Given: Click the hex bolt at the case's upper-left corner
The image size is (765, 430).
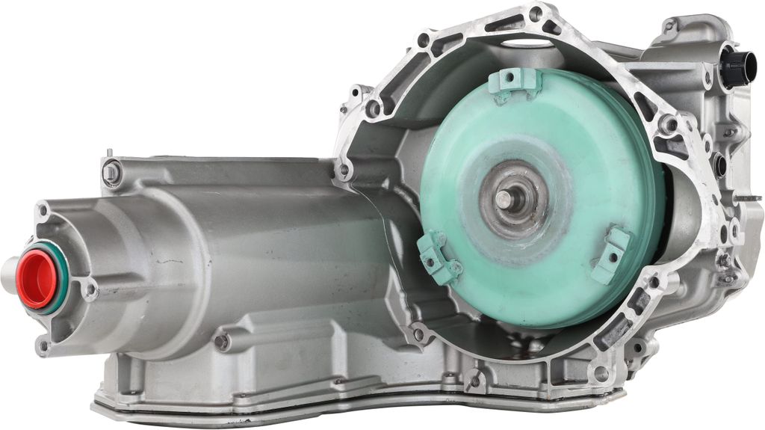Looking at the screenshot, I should pyautogui.click(x=111, y=173).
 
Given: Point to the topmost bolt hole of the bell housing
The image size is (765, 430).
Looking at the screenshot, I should pyautogui.click(x=535, y=13).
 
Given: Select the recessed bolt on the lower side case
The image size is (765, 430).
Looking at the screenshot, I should pyautogui.click(x=221, y=341).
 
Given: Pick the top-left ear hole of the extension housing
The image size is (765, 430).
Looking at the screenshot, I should pyautogui.click(x=43, y=211).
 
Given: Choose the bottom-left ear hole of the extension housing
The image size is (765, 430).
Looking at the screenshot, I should pyautogui.click(x=43, y=345).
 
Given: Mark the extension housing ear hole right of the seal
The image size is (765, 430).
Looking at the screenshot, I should pyautogui.click(x=91, y=288).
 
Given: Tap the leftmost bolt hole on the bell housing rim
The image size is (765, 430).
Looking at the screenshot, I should pyautogui.click(x=344, y=170).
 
